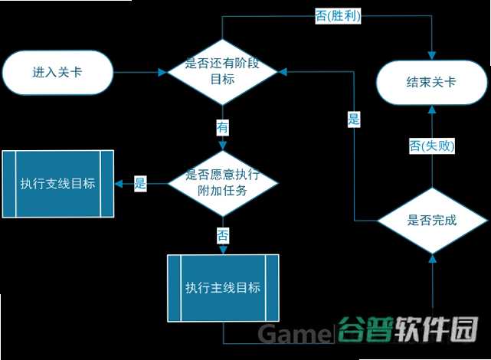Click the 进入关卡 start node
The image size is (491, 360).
click(57, 72)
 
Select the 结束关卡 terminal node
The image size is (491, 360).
click(431, 82)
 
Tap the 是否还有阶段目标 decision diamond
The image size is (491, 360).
click(223, 72)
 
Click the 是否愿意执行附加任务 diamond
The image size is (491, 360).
click(223, 183)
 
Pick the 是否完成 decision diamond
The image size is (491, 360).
click(432, 221)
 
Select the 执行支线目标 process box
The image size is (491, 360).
click(58, 184)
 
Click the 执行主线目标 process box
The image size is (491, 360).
click(223, 288)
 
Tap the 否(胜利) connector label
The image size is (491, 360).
click(338, 15)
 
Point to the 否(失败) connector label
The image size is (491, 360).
click(432, 146)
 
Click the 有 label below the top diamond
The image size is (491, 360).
click(223, 127)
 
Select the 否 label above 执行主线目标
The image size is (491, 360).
click(223, 235)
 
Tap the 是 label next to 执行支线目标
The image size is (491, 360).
click(140, 183)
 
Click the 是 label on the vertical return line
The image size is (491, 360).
click(354, 119)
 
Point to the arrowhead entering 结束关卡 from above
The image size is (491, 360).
click(432, 56)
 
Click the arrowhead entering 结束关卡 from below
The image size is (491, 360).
click(432, 110)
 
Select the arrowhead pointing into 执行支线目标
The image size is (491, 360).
click(119, 184)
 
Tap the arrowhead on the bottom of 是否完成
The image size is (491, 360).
click(433, 258)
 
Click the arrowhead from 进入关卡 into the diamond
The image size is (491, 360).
click(163, 72)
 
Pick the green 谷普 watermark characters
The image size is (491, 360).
click(365, 329)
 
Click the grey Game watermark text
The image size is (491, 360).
click(293, 334)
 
